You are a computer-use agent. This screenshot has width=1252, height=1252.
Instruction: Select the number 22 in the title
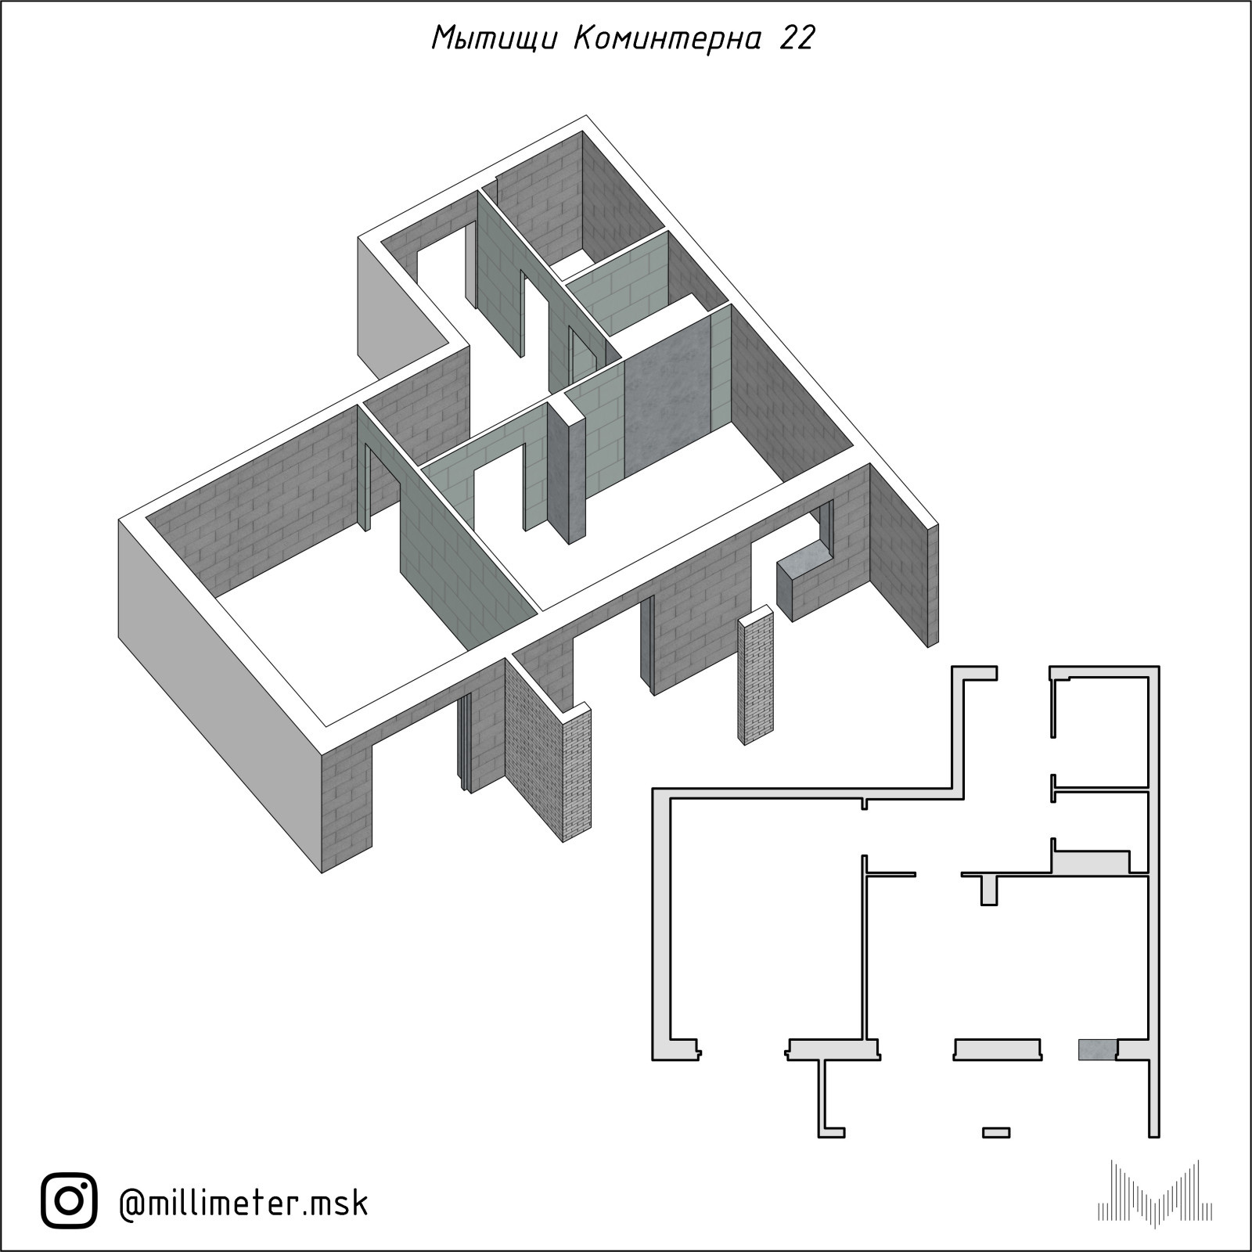[797, 38]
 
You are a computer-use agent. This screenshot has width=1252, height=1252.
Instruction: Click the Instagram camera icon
[69, 1201]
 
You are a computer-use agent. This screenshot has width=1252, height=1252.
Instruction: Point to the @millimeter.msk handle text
[243, 1202]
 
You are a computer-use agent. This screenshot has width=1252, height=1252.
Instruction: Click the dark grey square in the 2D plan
[1097, 1049]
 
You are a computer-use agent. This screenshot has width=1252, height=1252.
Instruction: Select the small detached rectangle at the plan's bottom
[996, 1131]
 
